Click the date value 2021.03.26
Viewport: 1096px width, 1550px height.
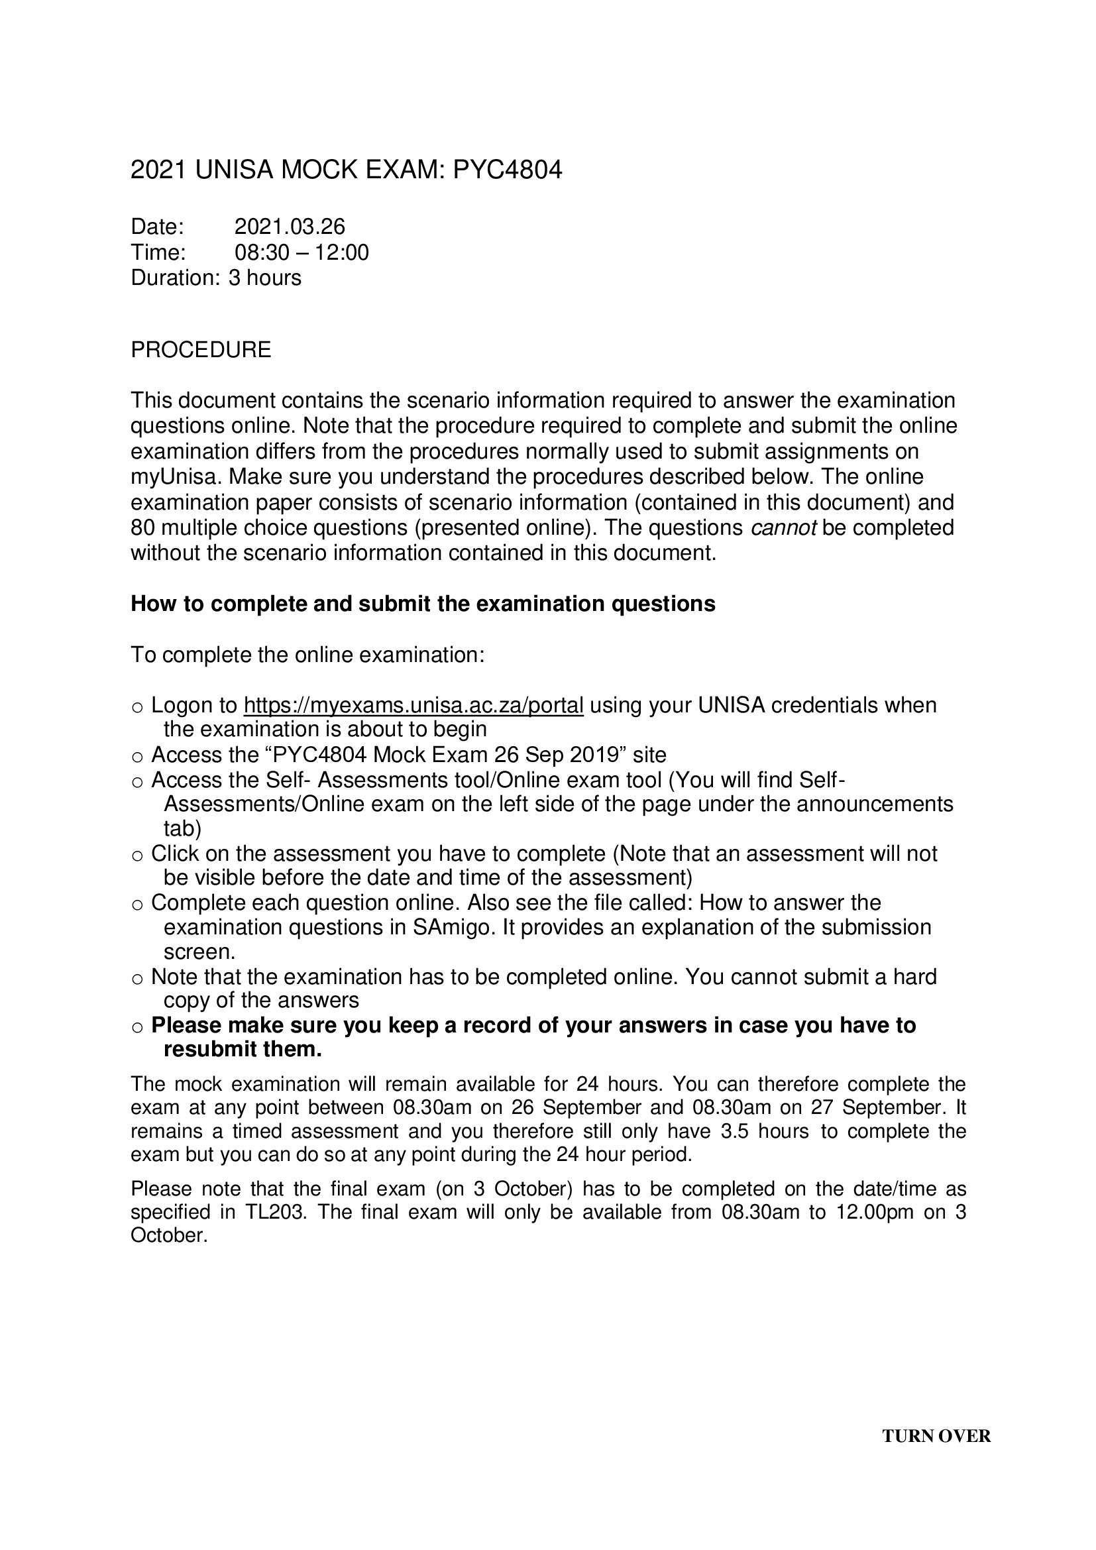[290, 226]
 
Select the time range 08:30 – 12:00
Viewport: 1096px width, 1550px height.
[301, 252]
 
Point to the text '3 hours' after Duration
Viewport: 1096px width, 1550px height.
[264, 278]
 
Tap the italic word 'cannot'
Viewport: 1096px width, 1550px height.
[783, 527]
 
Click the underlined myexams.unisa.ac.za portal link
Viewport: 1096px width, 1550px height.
[413, 705]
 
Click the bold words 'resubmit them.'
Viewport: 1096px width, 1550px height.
[243, 1049]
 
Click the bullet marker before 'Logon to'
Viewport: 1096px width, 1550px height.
[137, 708]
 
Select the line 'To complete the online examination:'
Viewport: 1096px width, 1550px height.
[307, 655]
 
